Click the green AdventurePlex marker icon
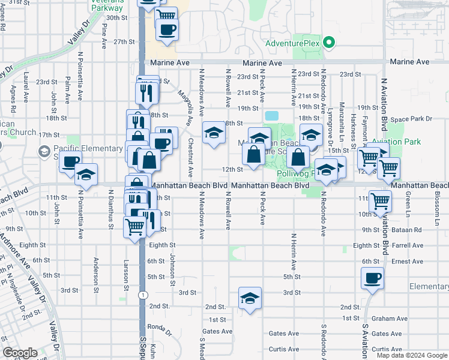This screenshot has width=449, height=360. click(x=328, y=43)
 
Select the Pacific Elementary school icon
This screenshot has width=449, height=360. click(x=44, y=152)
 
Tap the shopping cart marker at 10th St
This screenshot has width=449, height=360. click(x=380, y=202)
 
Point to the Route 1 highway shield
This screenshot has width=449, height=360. click(x=142, y=295)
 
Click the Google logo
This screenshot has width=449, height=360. click(x=20, y=353)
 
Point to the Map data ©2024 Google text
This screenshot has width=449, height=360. click(x=412, y=355)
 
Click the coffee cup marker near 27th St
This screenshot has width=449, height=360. click(x=167, y=29)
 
